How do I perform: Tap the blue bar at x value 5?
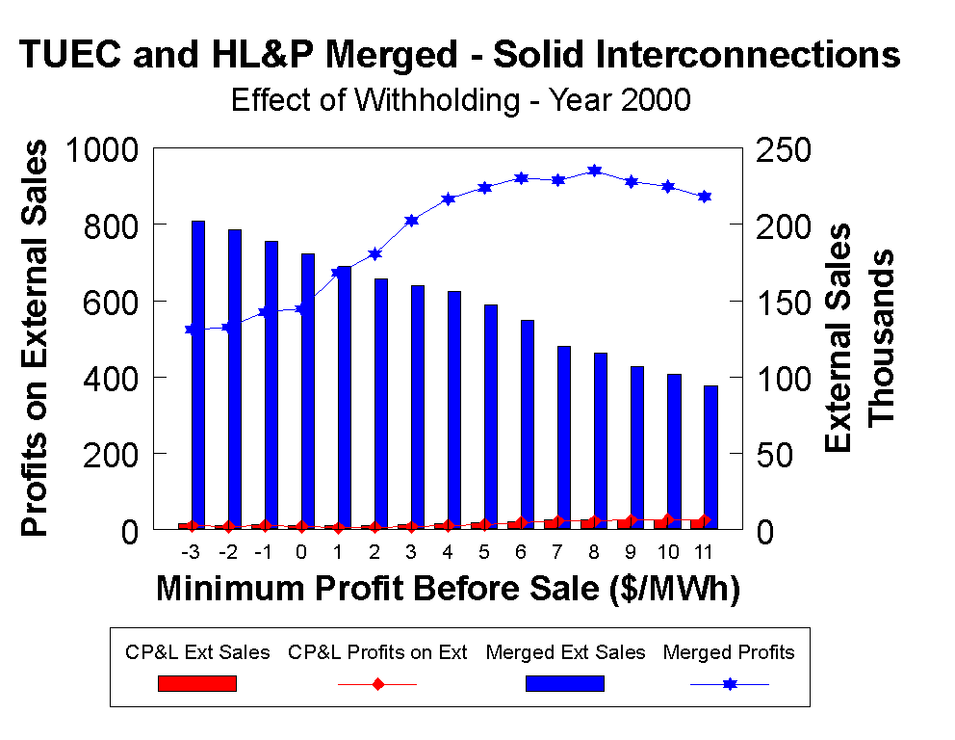coord(491,416)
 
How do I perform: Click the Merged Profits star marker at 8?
coord(595,171)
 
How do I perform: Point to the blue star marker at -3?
coord(192,330)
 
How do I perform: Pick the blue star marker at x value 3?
coord(412,221)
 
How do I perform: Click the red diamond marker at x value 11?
coord(704,520)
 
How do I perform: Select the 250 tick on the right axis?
coord(785,149)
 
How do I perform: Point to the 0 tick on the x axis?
coord(301,552)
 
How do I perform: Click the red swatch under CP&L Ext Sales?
coord(197,683)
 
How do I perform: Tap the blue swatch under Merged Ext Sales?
coord(565,683)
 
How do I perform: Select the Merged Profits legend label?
coord(729,652)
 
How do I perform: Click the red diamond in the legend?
coord(377,684)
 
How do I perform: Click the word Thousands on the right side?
coord(882,337)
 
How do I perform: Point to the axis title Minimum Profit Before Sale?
coord(448,589)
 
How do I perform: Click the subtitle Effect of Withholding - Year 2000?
coord(460,100)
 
